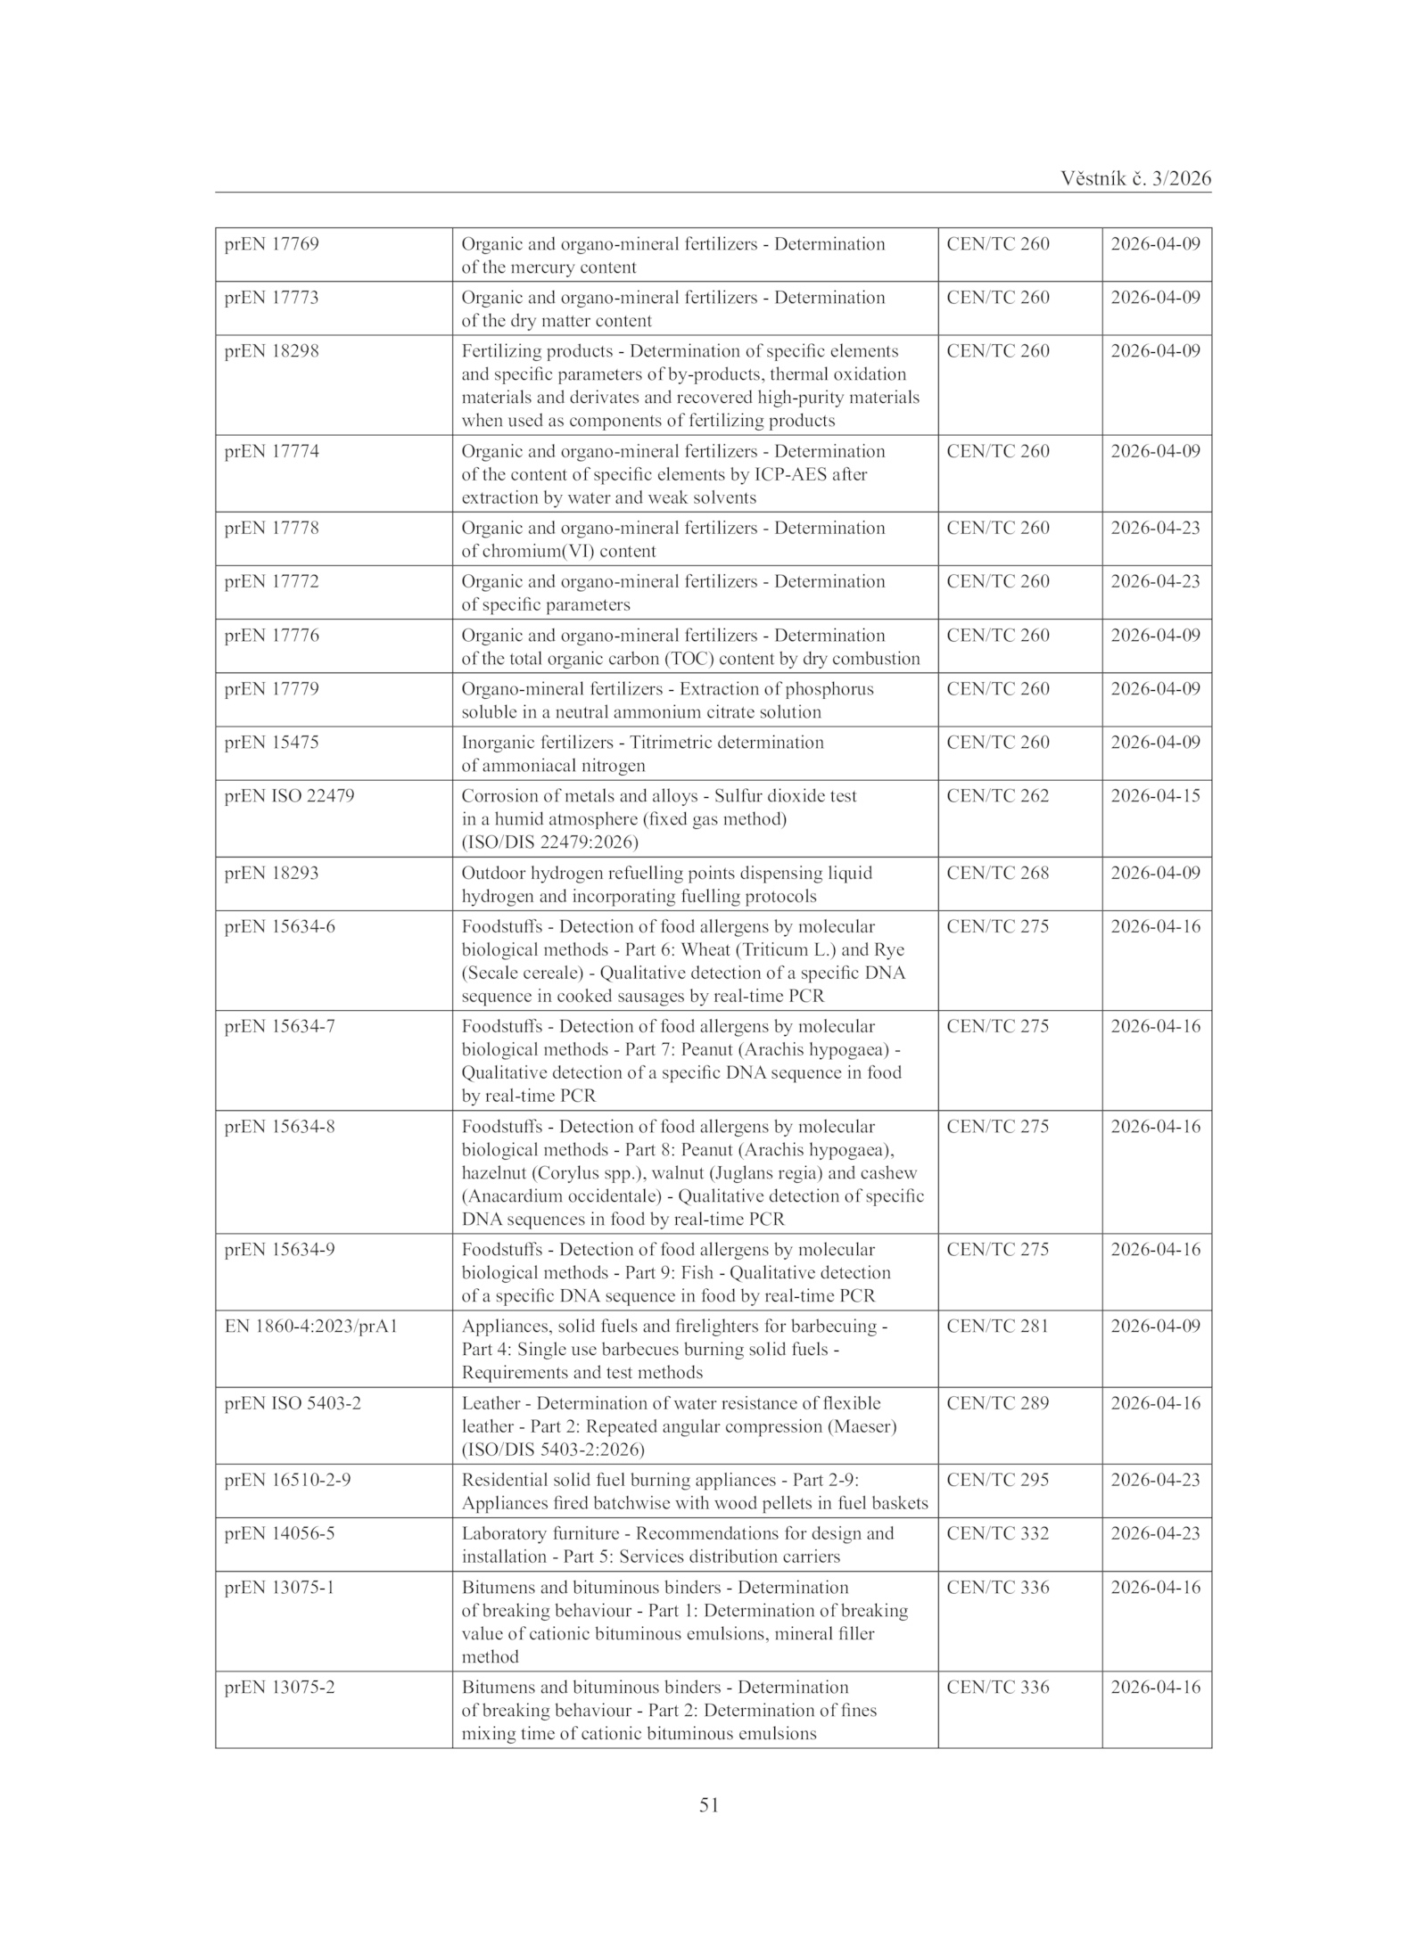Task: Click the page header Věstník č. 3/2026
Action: click(x=1135, y=178)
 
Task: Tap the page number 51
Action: click(x=709, y=1805)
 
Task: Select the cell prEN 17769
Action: click(x=271, y=244)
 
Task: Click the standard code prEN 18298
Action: click(x=271, y=351)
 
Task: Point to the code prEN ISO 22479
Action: click(x=289, y=796)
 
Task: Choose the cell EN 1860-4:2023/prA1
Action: click(x=310, y=1327)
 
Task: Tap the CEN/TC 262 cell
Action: click(x=997, y=796)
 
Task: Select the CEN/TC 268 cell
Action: click(x=997, y=873)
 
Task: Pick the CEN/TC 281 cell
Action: click(x=997, y=1327)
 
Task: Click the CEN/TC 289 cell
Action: click(x=997, y=1403)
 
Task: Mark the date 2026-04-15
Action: click(x=1155, y=796)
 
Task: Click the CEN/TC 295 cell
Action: click(x=997, y=1480)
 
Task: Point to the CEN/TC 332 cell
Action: click(x=997, y=1533)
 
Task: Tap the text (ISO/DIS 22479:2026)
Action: click(x=549, y=842)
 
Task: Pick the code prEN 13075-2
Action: click(x=279, y=1688)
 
